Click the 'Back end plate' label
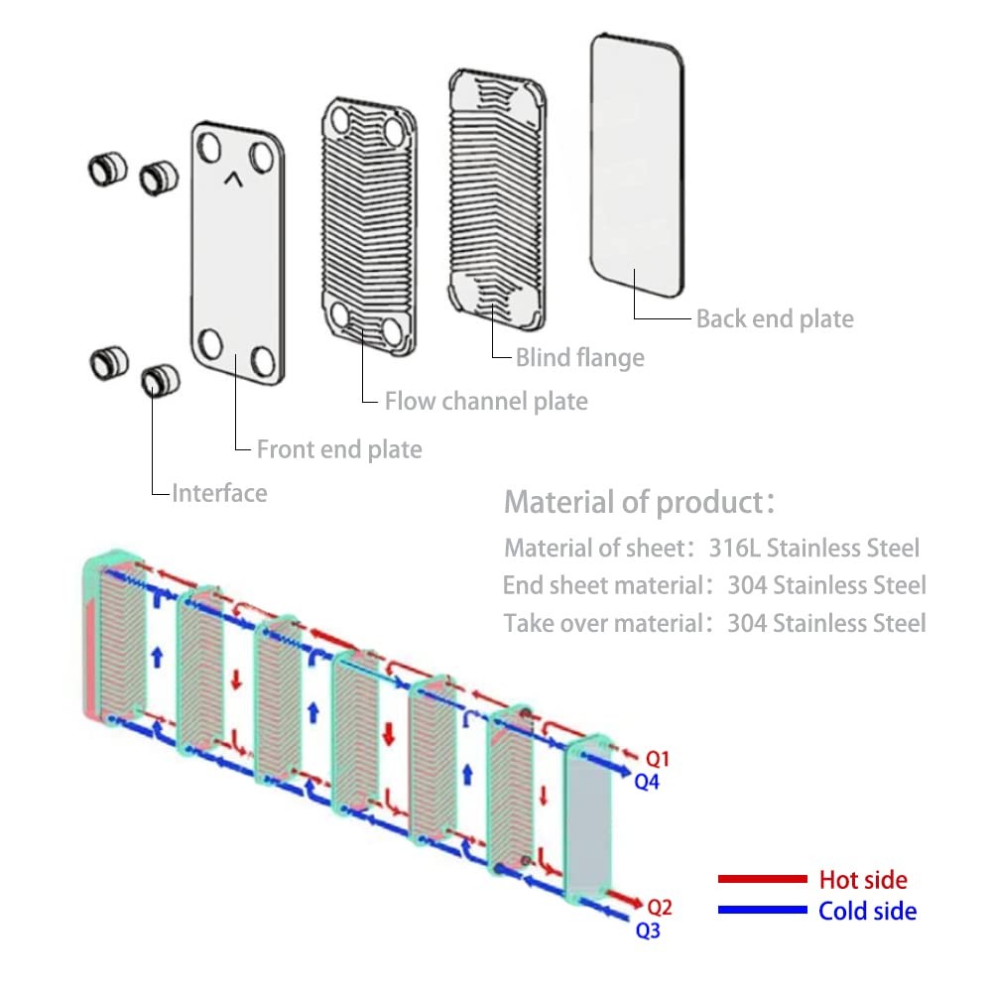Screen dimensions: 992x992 click(774, 318)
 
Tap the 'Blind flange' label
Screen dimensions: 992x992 click(579, 357)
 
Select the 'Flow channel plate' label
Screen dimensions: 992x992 click(486, 401)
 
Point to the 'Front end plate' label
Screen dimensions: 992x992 click(339, 449)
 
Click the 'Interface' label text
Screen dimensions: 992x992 click(219, 492)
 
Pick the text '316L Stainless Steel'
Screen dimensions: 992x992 click(813, 548)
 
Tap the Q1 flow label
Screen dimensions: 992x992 click(658, 759)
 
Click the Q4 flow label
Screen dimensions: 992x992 click(647, 781)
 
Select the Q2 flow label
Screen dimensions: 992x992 click(660, 907)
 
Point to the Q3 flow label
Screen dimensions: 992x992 click(647, 930)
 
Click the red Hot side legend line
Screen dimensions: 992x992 click(762, 879)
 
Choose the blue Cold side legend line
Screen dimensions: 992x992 click(762, 910)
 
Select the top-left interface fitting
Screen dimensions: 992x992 click(105, 169)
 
